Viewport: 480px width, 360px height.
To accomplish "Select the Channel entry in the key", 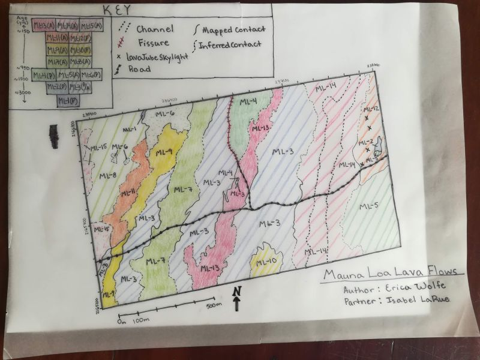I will pos(154,28).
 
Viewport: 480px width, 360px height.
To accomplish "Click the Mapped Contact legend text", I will pos(234,29).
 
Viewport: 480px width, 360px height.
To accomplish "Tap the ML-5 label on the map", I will pos(368,207).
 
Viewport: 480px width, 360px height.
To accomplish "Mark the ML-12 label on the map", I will pos(373,109).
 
